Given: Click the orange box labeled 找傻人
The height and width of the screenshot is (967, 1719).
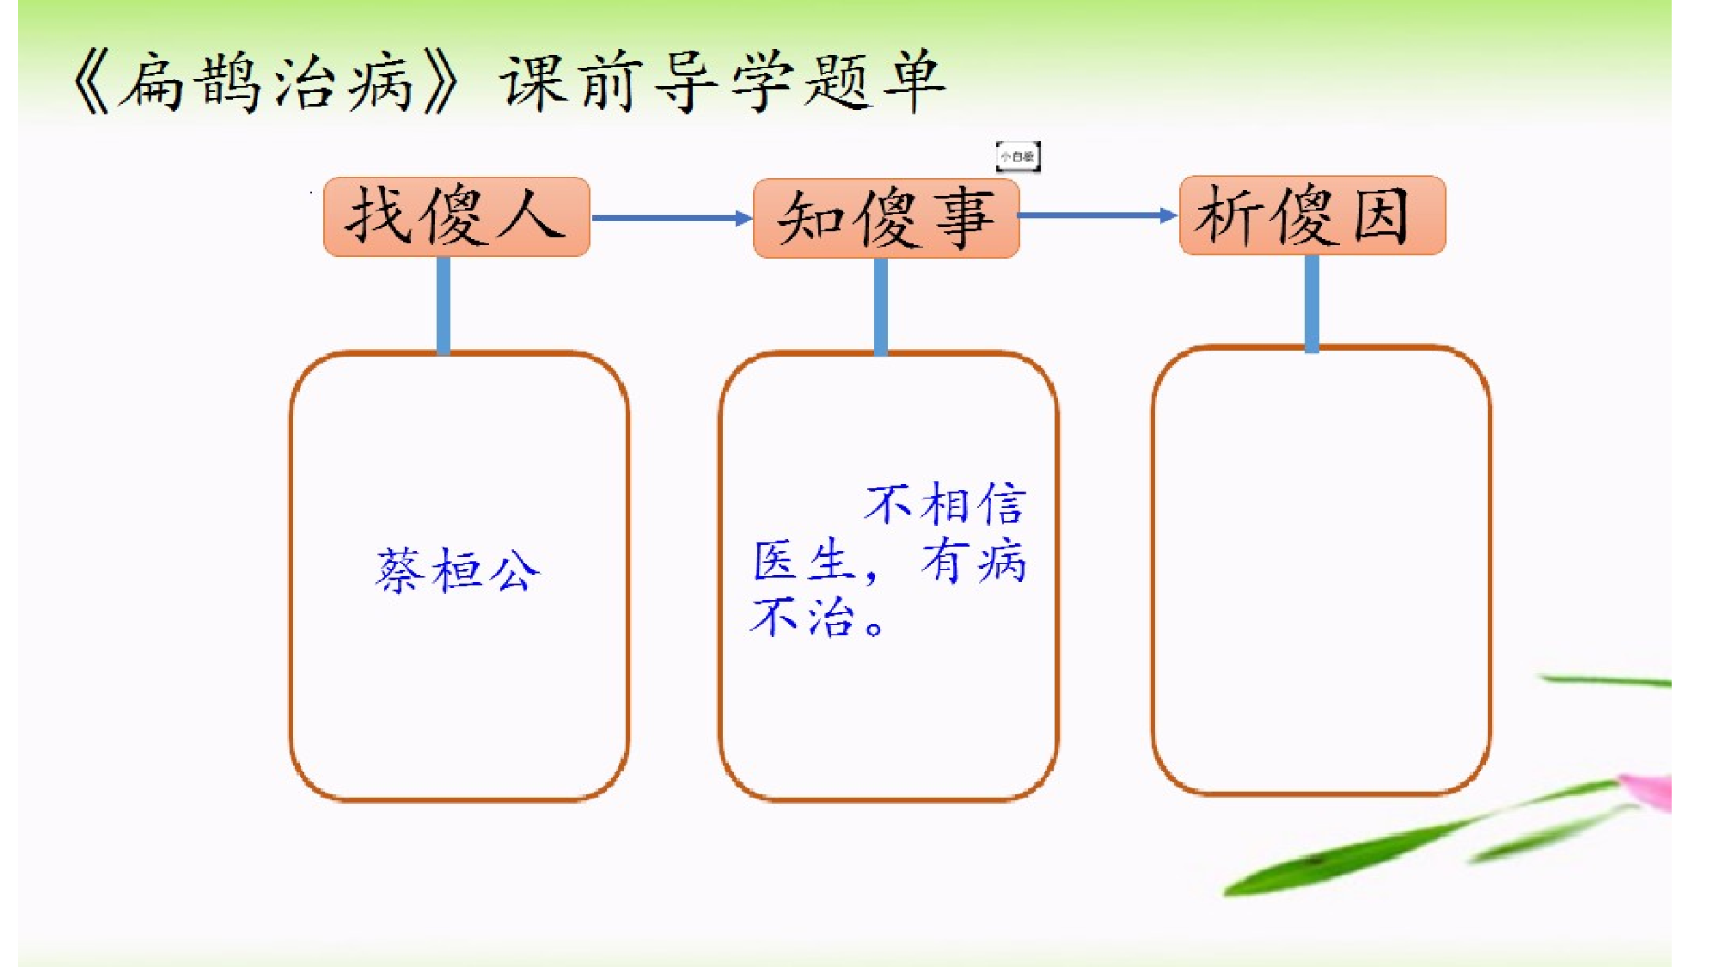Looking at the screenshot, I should point(456,217).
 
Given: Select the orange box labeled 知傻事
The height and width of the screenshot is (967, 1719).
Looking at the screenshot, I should point(886,218).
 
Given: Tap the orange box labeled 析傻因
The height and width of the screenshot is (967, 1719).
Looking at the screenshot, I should point(1312,215).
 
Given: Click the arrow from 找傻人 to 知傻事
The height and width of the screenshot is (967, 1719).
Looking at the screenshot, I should point(671,218).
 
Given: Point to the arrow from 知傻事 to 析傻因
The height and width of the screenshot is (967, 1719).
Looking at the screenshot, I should point(1098,215).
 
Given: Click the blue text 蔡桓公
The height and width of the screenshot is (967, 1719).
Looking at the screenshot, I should point(458,570).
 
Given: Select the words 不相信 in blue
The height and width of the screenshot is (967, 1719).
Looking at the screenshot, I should point(945,504).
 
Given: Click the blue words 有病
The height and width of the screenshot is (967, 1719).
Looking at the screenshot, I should point(974,561).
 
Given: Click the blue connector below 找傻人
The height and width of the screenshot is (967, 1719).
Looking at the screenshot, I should point(444,305).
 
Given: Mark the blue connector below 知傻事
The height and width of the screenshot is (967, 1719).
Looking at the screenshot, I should point(881,306).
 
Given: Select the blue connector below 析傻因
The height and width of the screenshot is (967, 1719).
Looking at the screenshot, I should point(1312,303).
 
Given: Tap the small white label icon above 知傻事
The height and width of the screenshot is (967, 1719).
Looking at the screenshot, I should point(1018,156).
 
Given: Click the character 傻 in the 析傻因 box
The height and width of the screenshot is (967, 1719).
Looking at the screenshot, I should point(1305,216).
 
